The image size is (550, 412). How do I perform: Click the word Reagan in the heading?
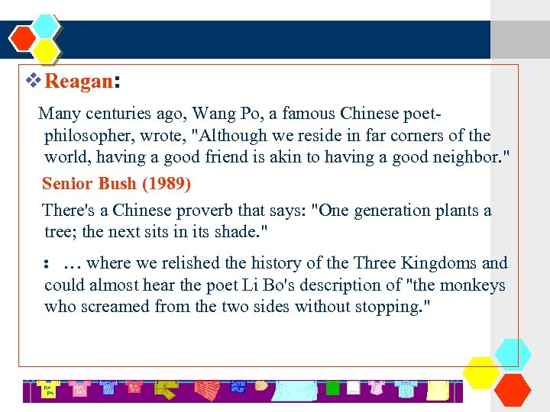point(79,82)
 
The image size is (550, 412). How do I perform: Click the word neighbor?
point(467,158)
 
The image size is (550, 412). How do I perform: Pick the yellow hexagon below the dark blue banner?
point(46,51)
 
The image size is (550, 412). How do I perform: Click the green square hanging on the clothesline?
point(332,388)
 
